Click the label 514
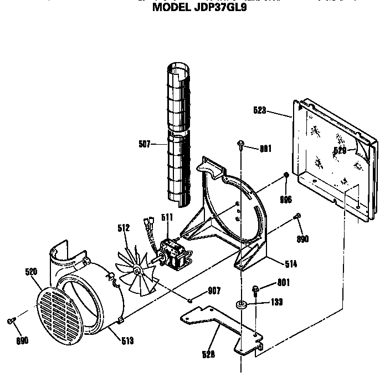point(291,264)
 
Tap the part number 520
point(31,272)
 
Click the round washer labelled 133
point(242,304)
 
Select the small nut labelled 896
point(285,176)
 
